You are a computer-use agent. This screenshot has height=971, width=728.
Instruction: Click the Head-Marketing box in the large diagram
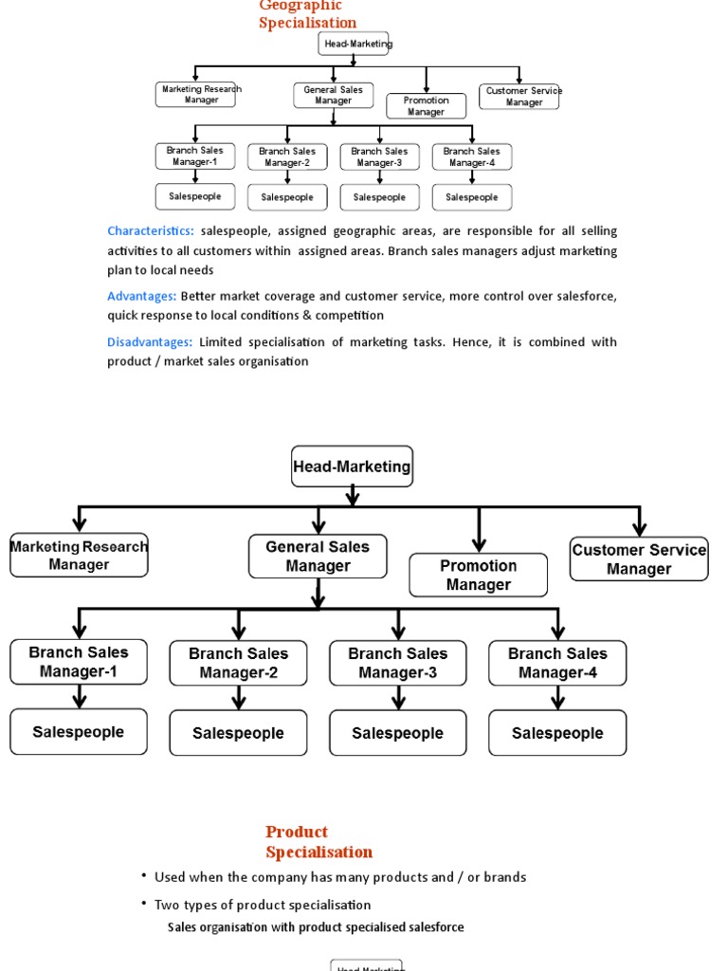(352, 467)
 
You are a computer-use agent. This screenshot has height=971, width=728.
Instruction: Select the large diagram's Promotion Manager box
(478, 576)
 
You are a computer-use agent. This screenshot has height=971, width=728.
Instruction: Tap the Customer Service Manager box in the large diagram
(639, 559)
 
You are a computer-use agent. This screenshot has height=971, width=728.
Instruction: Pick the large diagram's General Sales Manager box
(318, 557)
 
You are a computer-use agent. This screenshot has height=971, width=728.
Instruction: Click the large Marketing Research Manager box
(79, 556)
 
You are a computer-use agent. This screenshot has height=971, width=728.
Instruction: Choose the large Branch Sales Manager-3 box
(397, 663)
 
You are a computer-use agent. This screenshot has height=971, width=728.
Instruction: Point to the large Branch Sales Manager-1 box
(79, 662)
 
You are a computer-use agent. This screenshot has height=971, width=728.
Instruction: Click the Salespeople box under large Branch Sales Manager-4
(557, 733)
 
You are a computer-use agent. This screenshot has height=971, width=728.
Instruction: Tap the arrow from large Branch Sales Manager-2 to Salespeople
(239, 698)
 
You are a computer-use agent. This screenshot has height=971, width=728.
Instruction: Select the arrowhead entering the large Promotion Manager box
(479, 544)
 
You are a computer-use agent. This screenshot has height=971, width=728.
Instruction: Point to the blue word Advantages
(141, 297)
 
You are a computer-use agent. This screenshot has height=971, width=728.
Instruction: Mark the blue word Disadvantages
(150, 342)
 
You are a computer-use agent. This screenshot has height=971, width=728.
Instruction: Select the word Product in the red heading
(297, 833)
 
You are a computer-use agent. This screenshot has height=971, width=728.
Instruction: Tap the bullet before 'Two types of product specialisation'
(144, 905)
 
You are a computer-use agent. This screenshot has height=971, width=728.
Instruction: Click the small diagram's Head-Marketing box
(355, 44)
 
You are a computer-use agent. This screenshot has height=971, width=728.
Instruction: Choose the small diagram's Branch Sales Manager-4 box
(472, 156)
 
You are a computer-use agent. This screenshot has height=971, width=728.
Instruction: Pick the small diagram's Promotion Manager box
(426, 106)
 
